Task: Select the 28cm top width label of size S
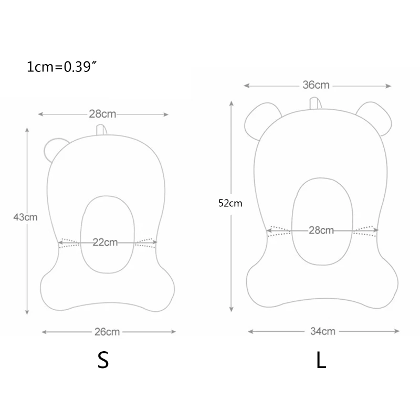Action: pyautogui.click(x=102, y=114)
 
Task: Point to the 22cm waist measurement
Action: pyautogui.click(x=105, y=242)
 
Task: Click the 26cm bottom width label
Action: pyautogui.click(x=107, y=331)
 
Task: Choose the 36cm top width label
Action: pyautogui.click(x=317, y=85)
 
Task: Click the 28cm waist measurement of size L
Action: pyautogui.click(x=321, y=230)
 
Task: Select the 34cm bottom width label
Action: pyautogui.click(x=322, y=331)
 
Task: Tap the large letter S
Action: pyautogui.click(x=103, y=360)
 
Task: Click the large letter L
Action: pyautogui.click(x=321, y=360)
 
